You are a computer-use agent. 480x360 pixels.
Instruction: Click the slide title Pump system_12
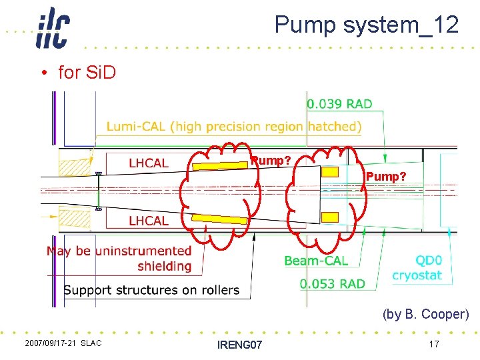click(366, 25)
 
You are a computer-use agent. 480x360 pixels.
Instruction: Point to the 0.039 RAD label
click(339, 104)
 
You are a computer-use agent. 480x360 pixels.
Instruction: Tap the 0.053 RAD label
click(332, 284)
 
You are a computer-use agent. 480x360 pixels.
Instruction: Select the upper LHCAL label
click(148, 163)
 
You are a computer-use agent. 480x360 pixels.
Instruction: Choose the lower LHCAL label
click(148, 221)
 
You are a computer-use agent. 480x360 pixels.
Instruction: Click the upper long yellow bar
click(220, 165)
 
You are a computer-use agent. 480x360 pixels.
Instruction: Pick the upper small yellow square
click(330, 172)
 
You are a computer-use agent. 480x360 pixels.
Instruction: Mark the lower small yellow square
click(330, 217)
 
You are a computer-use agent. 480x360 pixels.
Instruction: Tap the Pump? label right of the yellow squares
click(385, 177)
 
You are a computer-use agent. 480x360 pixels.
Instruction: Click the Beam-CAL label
click(315, 261)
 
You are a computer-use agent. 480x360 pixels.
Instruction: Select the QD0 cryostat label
click(417, 268)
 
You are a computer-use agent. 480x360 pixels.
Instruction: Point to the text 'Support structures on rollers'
click(151, 290)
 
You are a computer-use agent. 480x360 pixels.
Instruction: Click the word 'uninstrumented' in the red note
click(143, 251)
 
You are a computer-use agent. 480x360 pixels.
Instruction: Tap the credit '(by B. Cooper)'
click(425, 314)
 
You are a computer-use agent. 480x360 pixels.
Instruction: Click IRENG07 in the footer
click(240, 345)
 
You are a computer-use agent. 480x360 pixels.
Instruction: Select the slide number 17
click(433, 344)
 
